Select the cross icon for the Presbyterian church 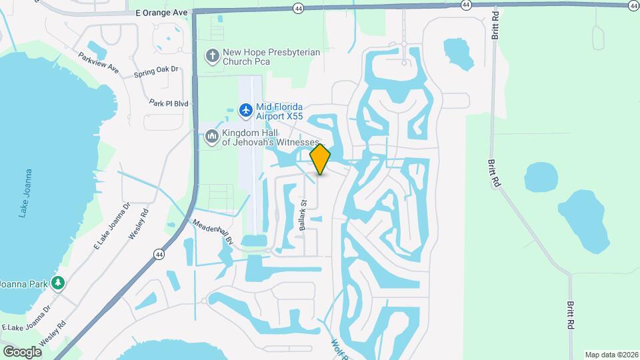212,57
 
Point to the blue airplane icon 245,109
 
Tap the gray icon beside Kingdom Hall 212,136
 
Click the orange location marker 321,159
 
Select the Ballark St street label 303,215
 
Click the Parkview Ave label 98,63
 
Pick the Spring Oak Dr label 157,69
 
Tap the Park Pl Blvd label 169,103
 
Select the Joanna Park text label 24,284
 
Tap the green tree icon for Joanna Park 59,283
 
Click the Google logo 21,351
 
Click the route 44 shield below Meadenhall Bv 159,254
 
